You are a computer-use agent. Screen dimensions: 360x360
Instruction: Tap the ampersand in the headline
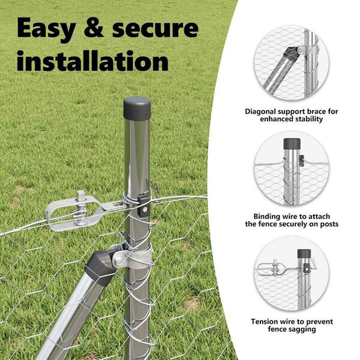coord(94,28)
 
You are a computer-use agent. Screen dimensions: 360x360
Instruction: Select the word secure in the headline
coord(155,29)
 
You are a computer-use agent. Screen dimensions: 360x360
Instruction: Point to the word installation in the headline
coord(92,61)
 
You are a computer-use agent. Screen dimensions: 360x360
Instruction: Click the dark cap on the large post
coord(137,109)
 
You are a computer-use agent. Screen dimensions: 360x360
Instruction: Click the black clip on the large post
coord(144,205)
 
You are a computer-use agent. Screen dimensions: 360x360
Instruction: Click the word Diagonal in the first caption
coord(260,112)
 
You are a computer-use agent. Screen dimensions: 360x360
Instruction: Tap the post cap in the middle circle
coord(292,143)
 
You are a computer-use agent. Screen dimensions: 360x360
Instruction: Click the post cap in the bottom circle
coord(304,253)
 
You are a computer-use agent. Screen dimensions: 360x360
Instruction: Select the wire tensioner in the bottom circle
coord(272,268)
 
